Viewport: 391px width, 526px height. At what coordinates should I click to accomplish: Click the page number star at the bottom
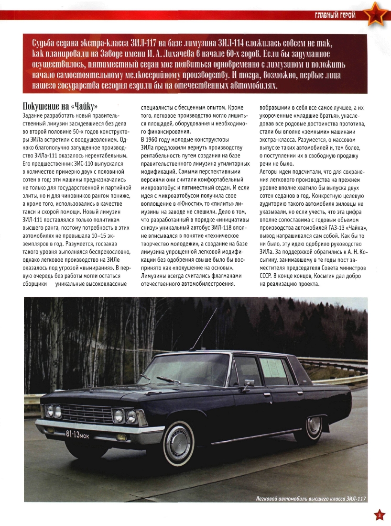coord(379,515)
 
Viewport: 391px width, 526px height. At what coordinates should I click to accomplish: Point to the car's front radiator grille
coord(87,413)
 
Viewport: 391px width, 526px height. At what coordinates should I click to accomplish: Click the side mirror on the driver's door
coord(248,384)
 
